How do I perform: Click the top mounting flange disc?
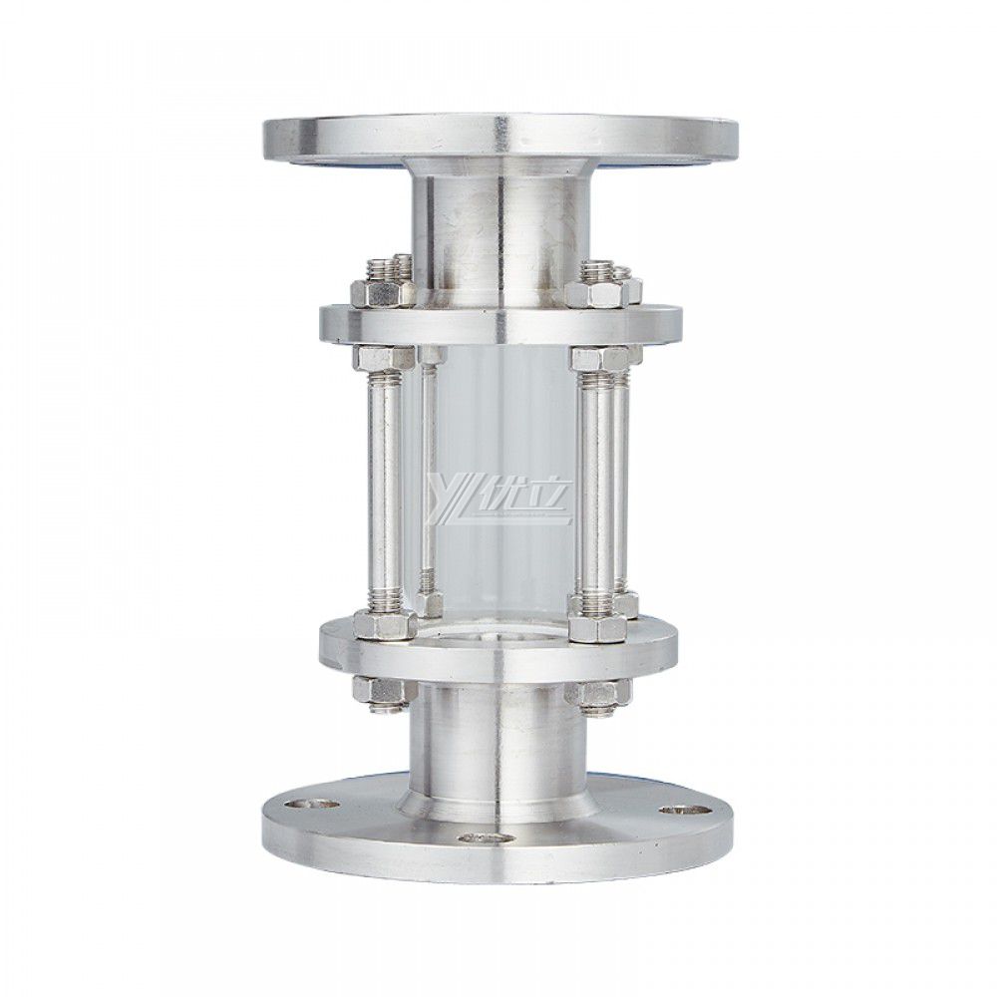[498, 136]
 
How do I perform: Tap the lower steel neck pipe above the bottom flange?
[498, 733]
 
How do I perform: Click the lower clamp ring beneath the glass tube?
[498, 648]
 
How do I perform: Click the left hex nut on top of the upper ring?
[383, 293]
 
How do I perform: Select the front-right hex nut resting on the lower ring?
[596, 626]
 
